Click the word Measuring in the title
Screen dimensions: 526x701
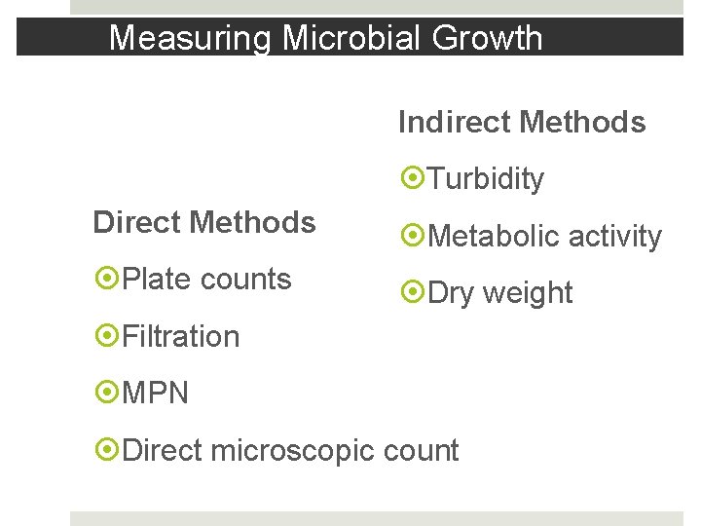click(191, 39)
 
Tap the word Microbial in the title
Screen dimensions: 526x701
click(337, 39)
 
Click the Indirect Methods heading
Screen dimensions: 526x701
click(522, 123)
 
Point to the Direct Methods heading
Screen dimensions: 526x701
click(204, 223)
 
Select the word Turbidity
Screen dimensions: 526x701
click(486, 179)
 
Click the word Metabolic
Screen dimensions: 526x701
click(494, 236)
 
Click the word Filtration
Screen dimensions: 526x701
click(181, 336)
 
